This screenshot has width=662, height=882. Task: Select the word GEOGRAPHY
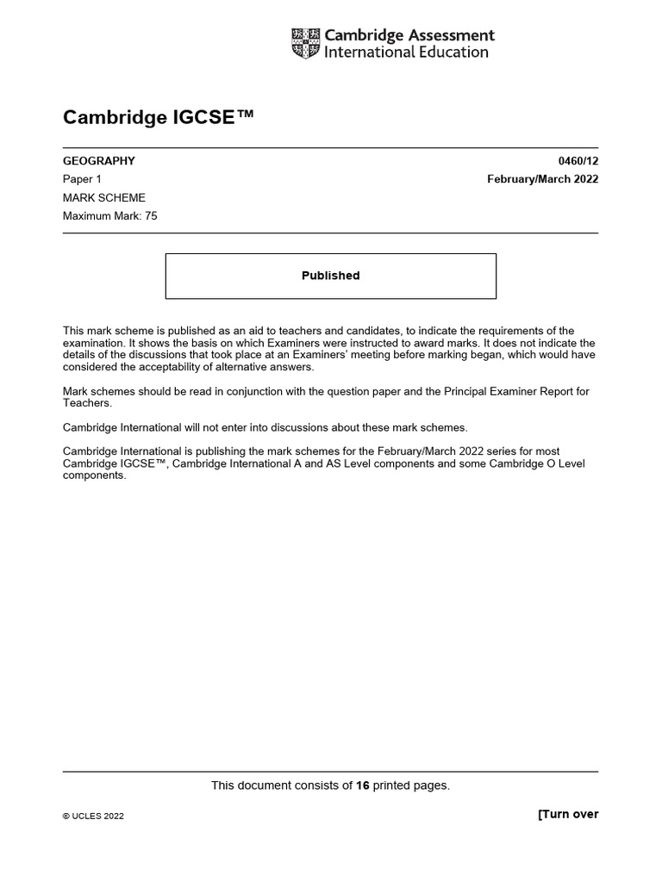point(99,161)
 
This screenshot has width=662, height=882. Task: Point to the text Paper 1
point(83,179)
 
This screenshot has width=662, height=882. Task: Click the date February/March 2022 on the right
point(542,179)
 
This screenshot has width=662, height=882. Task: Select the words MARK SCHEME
point(104,198)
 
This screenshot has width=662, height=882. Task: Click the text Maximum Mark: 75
point(110,216)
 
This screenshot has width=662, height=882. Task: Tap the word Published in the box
point(330,276)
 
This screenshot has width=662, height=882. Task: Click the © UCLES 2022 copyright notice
point(93,817)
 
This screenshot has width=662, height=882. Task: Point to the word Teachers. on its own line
point(88,403)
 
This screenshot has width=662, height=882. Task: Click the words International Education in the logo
point(406,53)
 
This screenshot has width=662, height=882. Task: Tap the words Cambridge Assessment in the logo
point(409,35)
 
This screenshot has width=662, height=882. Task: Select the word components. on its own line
point(95,476)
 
